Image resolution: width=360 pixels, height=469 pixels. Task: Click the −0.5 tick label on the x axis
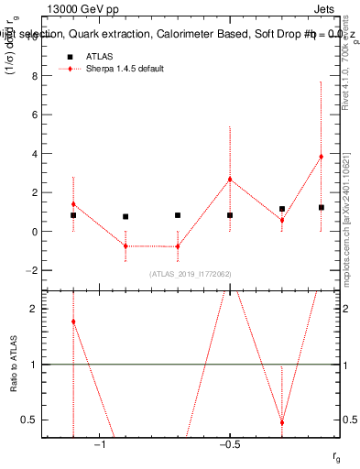tap(229, 446)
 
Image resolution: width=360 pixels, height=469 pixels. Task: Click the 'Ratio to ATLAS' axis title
tap(14, 364)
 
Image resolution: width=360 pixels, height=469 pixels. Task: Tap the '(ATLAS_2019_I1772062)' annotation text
tap(190, 274)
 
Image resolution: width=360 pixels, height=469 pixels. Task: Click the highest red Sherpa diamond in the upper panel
tap(321, 157)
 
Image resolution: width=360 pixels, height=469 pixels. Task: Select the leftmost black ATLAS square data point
tap(73, 215)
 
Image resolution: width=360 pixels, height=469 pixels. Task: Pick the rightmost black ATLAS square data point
tap(321, 208)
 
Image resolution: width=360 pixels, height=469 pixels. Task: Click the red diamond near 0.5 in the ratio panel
tap(282, 422)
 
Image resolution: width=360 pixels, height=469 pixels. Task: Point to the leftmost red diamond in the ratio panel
tap(73, 322)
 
